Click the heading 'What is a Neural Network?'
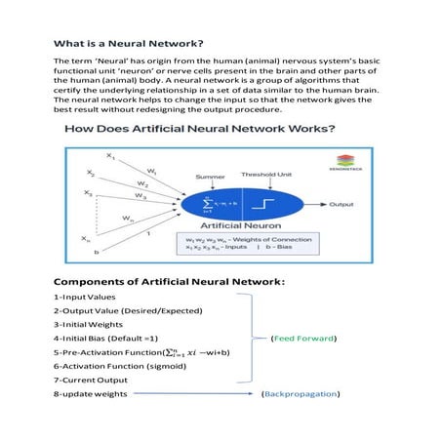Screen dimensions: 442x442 tap(128, 44)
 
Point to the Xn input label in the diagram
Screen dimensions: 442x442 tap(86, 237)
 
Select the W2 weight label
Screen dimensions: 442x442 tap(142, 182)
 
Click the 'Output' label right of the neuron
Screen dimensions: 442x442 tap(341, 205)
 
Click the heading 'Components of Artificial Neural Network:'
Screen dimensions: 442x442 tap(169, 282)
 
